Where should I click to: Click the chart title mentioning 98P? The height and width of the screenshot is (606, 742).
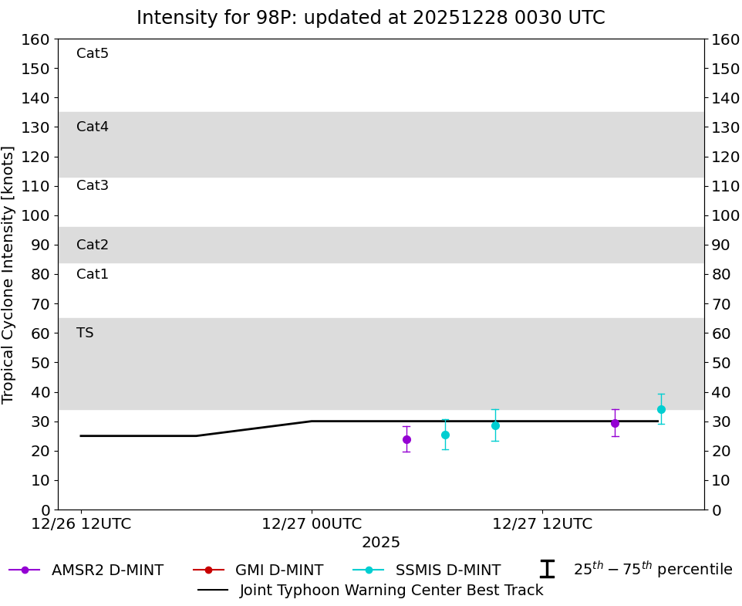370,18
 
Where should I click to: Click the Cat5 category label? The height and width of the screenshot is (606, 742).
93,53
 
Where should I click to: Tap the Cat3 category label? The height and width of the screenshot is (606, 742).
93,185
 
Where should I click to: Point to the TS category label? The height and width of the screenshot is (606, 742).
85,333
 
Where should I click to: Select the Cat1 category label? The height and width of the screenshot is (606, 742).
93,274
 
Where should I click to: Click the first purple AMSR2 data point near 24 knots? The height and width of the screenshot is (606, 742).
406,439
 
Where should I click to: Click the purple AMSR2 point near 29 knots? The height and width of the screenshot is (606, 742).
615,423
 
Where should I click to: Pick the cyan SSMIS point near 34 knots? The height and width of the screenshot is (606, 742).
661,409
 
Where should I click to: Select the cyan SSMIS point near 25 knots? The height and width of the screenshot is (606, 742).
445,435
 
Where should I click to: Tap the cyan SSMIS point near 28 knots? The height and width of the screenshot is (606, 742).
495,425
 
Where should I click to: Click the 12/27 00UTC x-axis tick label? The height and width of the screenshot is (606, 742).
312,524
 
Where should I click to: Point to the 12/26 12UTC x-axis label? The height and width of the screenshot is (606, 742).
81,524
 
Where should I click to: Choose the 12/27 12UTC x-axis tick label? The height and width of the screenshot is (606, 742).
542,524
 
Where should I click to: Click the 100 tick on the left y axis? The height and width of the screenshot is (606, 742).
36,215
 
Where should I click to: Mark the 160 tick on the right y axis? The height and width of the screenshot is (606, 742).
725,39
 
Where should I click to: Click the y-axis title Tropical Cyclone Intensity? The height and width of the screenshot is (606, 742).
8,274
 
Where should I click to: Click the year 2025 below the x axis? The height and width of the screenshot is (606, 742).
381,543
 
